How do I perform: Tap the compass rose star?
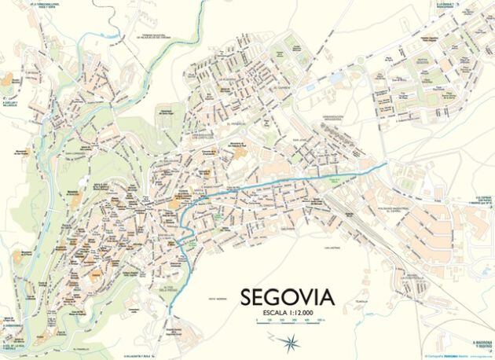(291, 341)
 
